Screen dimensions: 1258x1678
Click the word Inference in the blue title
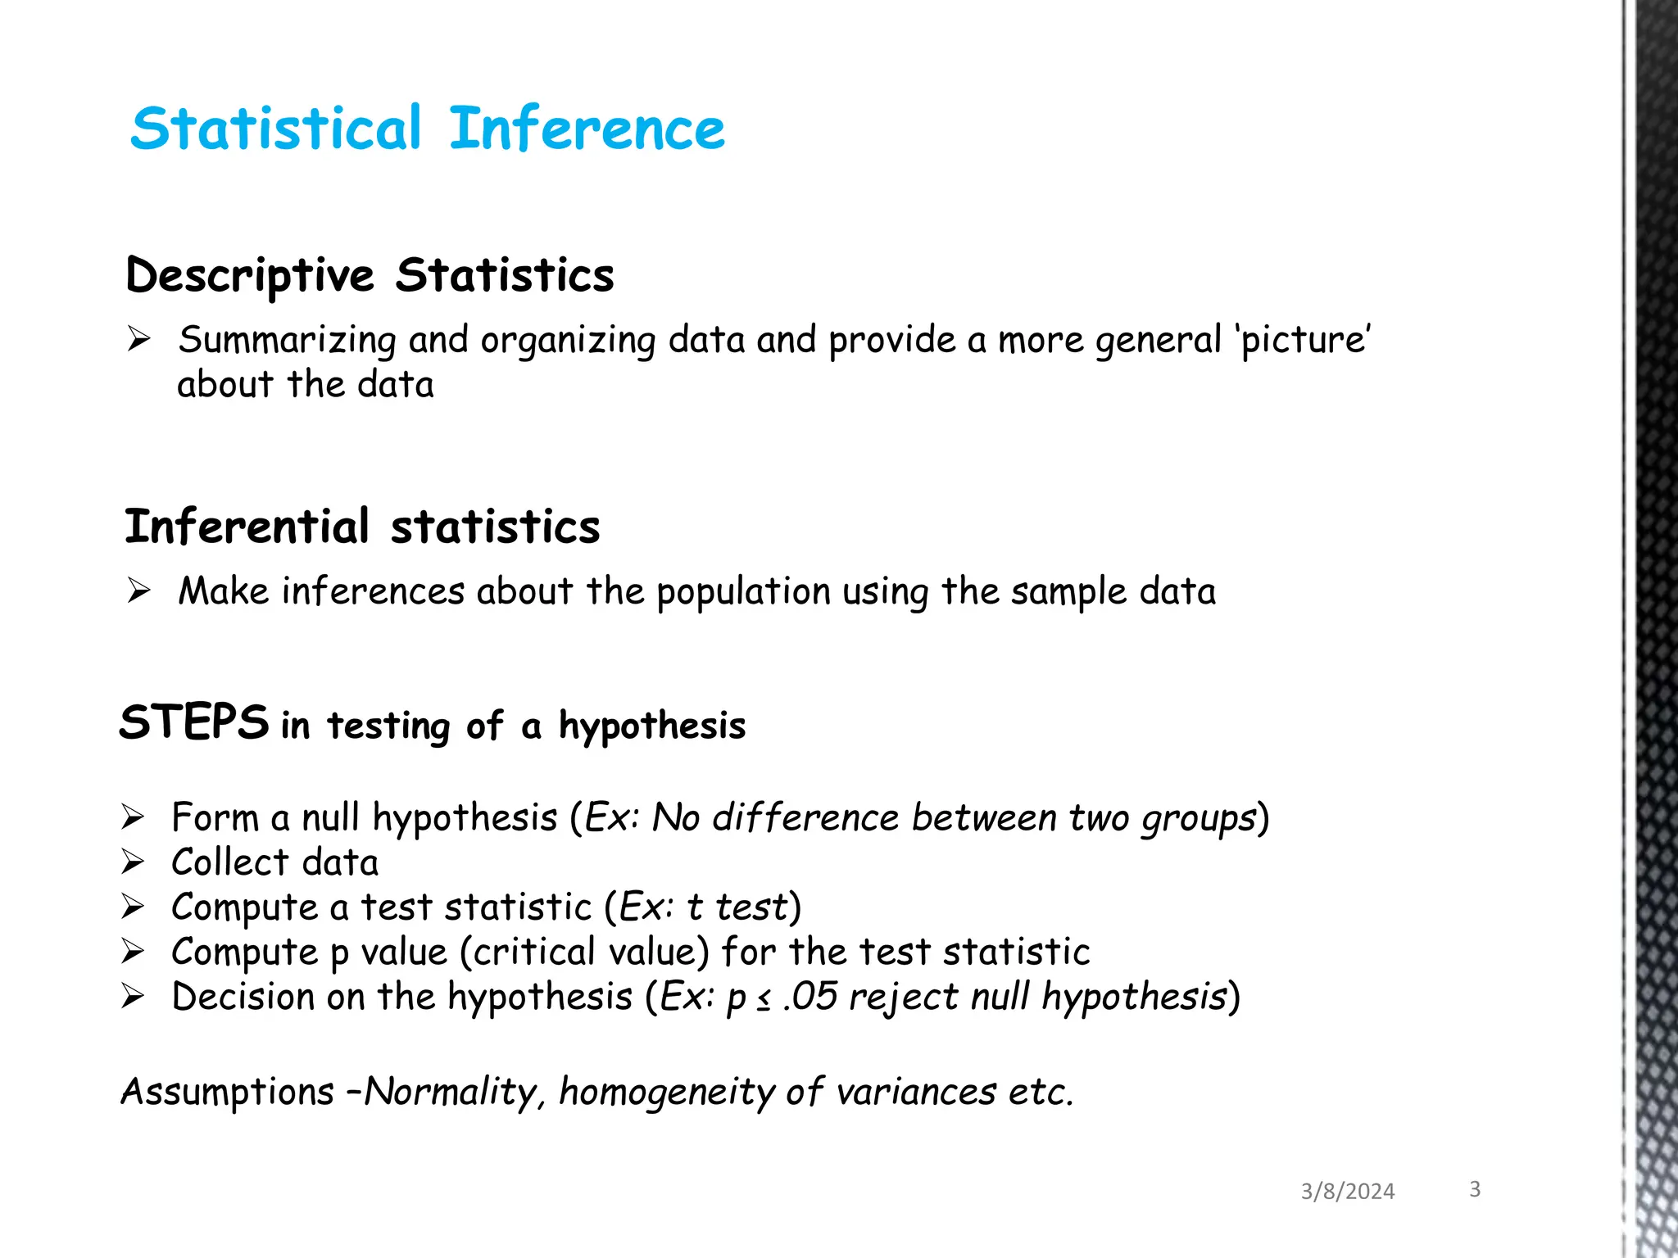point(587,129)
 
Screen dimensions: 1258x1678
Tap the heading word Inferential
point(247,527)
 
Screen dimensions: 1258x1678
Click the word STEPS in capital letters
point(194,723)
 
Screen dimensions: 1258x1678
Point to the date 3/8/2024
point(1347,1192)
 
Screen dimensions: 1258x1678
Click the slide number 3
point(1475,1189)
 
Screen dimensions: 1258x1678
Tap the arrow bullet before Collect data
point(133,862)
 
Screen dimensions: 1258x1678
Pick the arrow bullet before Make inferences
point(138,590)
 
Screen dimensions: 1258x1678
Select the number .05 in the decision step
point(810,997)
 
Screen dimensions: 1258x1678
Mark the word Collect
point(230,862)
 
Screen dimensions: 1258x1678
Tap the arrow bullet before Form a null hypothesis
point(133,817)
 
